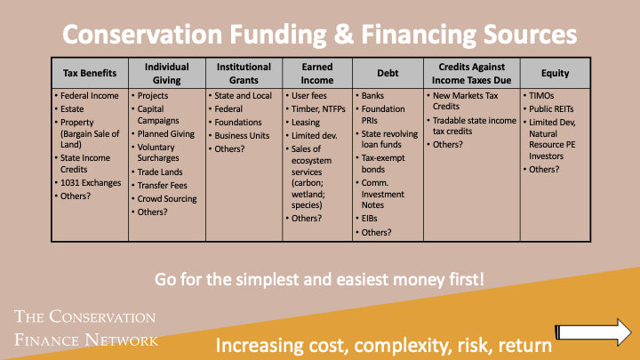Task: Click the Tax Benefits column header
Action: pos(89,73)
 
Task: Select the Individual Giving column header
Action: pos(166,73)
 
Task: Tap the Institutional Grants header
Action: pos(243,73)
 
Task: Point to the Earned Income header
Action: pos(316,73)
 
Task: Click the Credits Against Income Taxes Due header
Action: pos(471,73)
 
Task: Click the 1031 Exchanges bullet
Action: pos(92,182)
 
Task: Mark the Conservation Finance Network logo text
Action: pos(86,328)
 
